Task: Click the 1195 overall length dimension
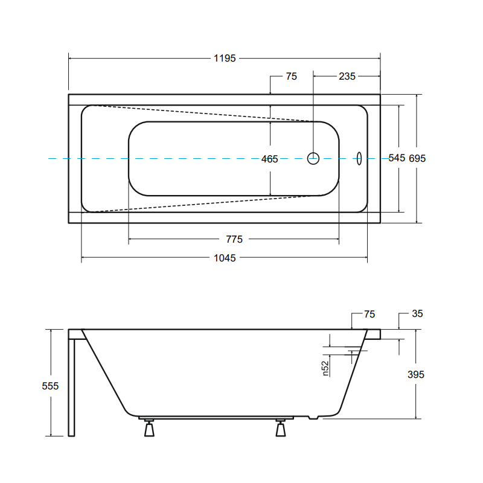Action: (225, 58)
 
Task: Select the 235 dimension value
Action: (347, 77)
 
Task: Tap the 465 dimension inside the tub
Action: (269, 159)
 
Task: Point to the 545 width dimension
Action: (397, 158)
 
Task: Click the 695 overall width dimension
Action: (417, 158)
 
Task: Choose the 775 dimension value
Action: (234, 239)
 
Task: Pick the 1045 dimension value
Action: (225, 258)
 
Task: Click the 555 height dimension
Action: (50, 386)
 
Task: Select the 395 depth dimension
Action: (416, 374)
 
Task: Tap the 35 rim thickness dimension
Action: (417, 313)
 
